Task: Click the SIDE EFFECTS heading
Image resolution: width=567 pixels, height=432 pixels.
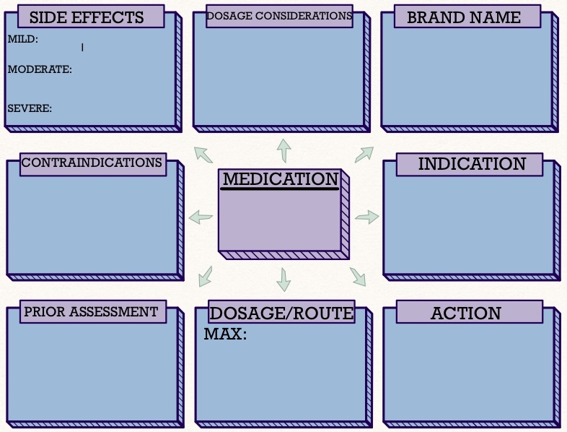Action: [x=87, y=17]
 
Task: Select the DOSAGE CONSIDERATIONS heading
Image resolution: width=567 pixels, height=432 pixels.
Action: [x=279, y=16]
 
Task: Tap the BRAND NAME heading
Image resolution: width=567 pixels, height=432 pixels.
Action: [x=463, y=17]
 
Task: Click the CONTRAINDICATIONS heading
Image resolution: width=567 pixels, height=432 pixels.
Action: [x=92, y=163]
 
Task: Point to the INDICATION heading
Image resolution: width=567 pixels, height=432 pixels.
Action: [x=472, y=164]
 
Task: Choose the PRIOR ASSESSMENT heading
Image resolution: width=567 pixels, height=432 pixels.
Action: [x=91, y=312]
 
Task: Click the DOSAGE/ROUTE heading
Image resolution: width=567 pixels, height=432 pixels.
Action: [x=281, y=313]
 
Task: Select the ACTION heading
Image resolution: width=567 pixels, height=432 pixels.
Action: [x=465, y=313]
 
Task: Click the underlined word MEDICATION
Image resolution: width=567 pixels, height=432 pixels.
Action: [x=280, y=179]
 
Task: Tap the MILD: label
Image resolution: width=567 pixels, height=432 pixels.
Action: [x=23, y=40]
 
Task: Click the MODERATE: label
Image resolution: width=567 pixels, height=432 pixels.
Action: [x=40, y=70]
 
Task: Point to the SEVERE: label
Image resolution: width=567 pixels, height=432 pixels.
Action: [x=30, y=108]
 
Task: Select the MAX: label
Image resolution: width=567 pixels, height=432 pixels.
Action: [x=225, y=334]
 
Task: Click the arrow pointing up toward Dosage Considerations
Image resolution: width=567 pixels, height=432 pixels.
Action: [x=283, y=150]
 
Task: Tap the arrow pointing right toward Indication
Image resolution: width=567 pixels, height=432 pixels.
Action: [x=367, y=217]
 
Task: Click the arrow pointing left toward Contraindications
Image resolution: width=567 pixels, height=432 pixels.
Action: [x=201, y=217]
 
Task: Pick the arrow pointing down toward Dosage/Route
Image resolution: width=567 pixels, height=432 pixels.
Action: [x=283, y=279]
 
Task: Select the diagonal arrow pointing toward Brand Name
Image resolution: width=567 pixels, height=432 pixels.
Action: [x=364, y=154]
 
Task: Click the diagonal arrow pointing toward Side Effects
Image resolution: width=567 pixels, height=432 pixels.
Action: [x=203, y=154]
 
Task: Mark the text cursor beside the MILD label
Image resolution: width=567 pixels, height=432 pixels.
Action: [x=82, y=48]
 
